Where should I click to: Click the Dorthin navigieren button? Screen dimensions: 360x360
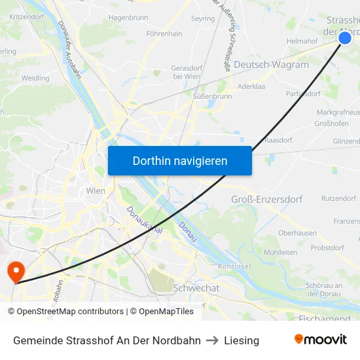coord(180,160)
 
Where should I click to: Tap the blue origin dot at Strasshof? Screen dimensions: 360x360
coord(345,39)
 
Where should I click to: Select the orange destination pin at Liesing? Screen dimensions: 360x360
coord(14,271)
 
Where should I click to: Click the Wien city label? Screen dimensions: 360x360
coord(96,191)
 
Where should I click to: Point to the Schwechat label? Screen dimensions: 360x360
coord(196,287)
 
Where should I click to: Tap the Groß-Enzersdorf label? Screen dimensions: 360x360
coord(267,199)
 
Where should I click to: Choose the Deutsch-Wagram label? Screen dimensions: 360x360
coord(271,65)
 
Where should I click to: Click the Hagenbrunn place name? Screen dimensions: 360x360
coord(128,18)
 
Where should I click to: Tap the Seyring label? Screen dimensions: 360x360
coord(202,18)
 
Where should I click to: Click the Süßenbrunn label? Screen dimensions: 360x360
coord(213,96)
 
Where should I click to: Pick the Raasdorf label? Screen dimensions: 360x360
coord(278,140)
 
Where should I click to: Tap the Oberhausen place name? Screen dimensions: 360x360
coord(297,232)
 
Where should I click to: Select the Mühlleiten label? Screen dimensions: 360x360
coord(280,252)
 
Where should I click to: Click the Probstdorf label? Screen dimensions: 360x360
coord(327,248)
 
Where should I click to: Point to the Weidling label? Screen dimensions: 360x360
coord(35,78)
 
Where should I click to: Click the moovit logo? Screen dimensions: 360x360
coord(320,340)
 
